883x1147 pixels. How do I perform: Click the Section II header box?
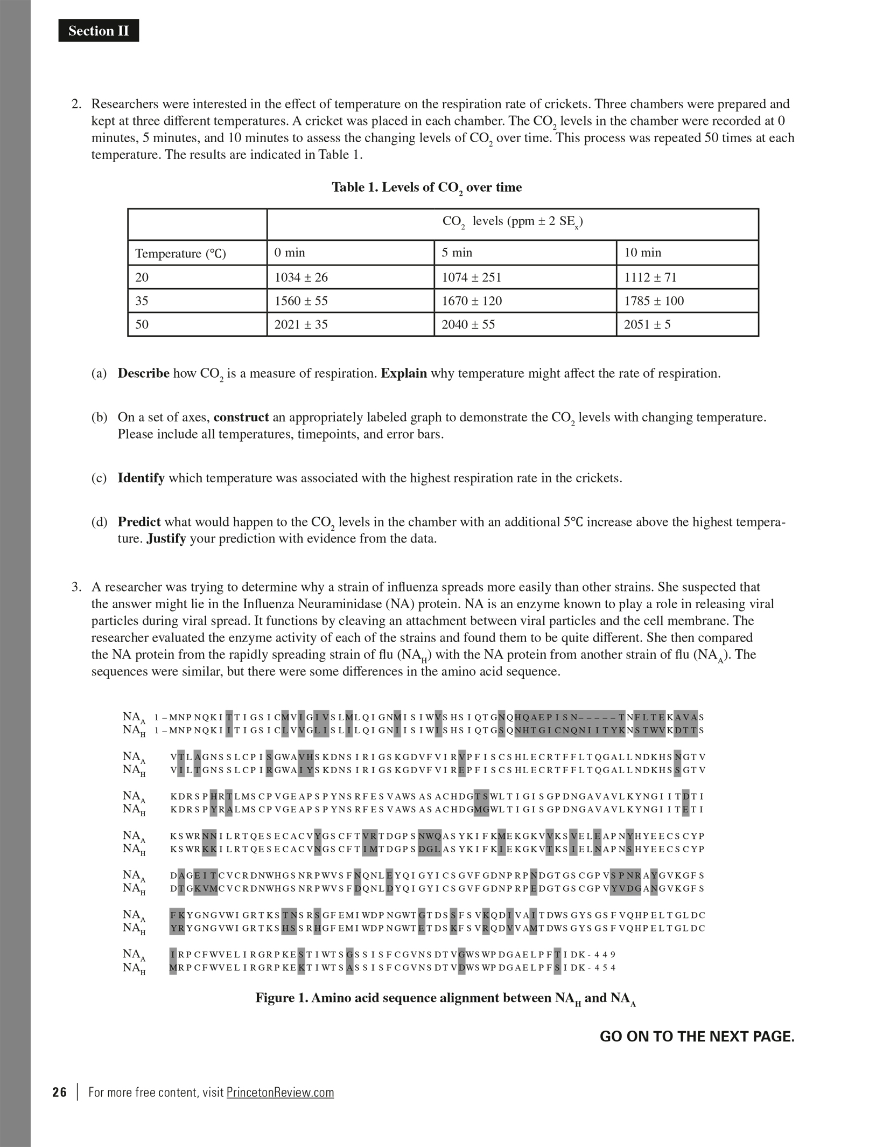[99, 31]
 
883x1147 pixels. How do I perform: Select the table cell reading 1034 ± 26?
[301, 277]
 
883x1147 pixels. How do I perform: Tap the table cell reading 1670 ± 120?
[472, 301]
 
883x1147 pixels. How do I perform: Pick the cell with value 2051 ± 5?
[647, 324]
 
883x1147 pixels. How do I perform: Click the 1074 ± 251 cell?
[471, 277]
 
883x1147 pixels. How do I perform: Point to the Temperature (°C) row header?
[180, 253]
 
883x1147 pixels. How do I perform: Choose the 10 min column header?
[642, 253]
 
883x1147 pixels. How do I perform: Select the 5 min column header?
[457, 253]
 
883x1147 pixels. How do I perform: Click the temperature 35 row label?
[142, 301]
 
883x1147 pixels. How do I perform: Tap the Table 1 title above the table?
[426, 187]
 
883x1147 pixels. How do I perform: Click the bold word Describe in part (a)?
[143, 373]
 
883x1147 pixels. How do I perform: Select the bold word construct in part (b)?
[241, 417]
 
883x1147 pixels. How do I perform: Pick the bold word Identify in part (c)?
[141, 478]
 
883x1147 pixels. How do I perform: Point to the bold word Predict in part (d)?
[139, 522]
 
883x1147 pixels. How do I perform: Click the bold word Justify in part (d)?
[166, 538]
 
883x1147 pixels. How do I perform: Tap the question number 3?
[76, 587]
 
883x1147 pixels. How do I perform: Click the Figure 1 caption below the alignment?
[445, 998]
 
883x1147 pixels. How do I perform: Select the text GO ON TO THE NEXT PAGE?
[697, 1037]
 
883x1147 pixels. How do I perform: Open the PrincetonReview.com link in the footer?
[280, 1092]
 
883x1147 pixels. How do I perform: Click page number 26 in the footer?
[60, 1092]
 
